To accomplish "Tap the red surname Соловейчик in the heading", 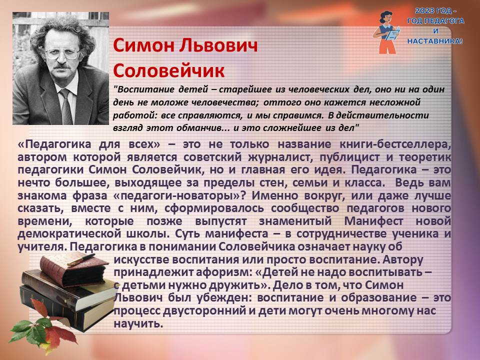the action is point(169,70).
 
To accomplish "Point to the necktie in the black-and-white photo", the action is point(66,106).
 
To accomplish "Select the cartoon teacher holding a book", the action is point(387,32).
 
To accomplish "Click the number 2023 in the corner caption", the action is point(425,10).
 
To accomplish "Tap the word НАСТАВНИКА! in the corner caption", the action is point(434,40).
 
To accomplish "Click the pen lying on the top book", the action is point(81,259).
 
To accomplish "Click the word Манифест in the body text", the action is point(373,220).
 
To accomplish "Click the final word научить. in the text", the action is point(138,323).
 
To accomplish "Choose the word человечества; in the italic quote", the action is point(225,102).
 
